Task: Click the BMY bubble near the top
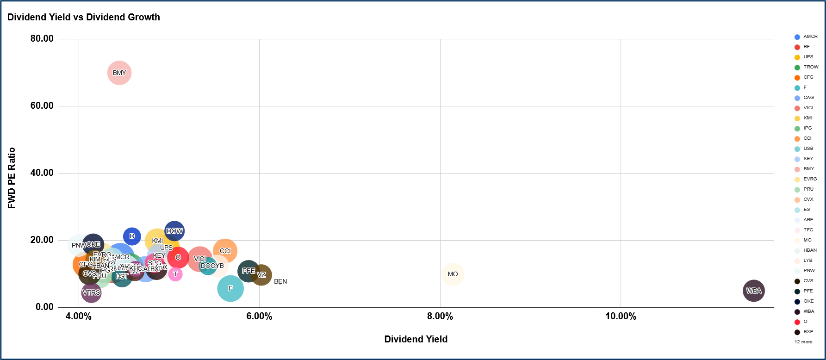119,73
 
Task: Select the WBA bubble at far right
753,291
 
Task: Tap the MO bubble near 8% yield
453,274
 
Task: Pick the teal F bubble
230,288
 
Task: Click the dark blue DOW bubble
174,231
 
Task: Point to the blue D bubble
132,236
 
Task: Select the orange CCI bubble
225,251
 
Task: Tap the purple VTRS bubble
91,292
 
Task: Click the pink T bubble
175,274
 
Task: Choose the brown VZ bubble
261,275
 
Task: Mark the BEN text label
280,281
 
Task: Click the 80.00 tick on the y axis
42,38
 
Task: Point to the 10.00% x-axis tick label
621,316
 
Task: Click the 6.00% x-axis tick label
259,316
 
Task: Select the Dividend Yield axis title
416,339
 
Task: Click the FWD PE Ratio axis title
12,178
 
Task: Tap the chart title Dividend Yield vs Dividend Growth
84,17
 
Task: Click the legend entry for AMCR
810,37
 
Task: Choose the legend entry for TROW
810,67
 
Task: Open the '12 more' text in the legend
803,342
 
